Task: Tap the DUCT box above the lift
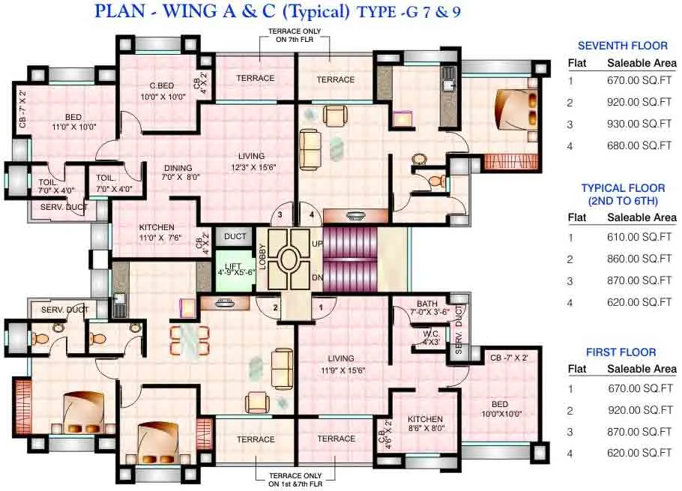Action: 235,237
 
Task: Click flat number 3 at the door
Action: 280,215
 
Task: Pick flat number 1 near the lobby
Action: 321,307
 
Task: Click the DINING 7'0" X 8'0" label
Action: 178,173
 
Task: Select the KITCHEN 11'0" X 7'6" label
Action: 157,232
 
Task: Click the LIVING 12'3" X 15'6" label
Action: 252,162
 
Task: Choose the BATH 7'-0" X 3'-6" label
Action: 429,307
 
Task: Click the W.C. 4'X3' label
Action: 430,337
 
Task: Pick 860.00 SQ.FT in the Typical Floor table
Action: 639,259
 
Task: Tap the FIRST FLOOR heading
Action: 622,352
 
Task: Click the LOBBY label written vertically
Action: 262,257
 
